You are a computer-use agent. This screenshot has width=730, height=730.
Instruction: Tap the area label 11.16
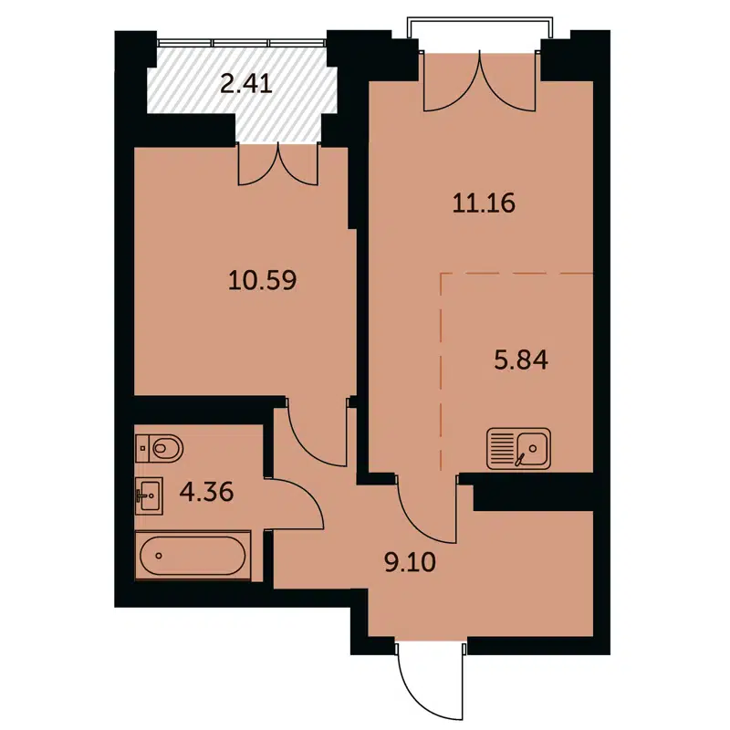(x=484, y=203)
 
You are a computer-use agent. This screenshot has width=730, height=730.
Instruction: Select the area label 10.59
(x=264, y=277)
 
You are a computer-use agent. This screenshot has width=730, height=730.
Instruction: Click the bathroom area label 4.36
(x=207, y=493)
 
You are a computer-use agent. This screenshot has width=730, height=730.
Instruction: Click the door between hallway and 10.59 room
(x=315, y=433)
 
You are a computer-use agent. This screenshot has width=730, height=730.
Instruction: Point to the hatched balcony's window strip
(x=242, y=41)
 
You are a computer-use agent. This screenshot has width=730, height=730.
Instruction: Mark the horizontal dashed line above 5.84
(x=516, y=273)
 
